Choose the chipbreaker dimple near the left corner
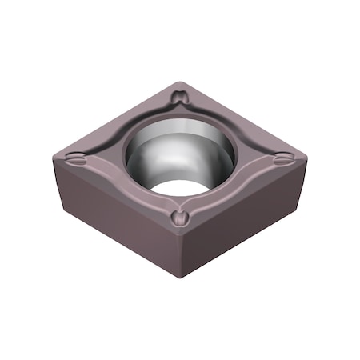pyautogui.click(x=75, y=158)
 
